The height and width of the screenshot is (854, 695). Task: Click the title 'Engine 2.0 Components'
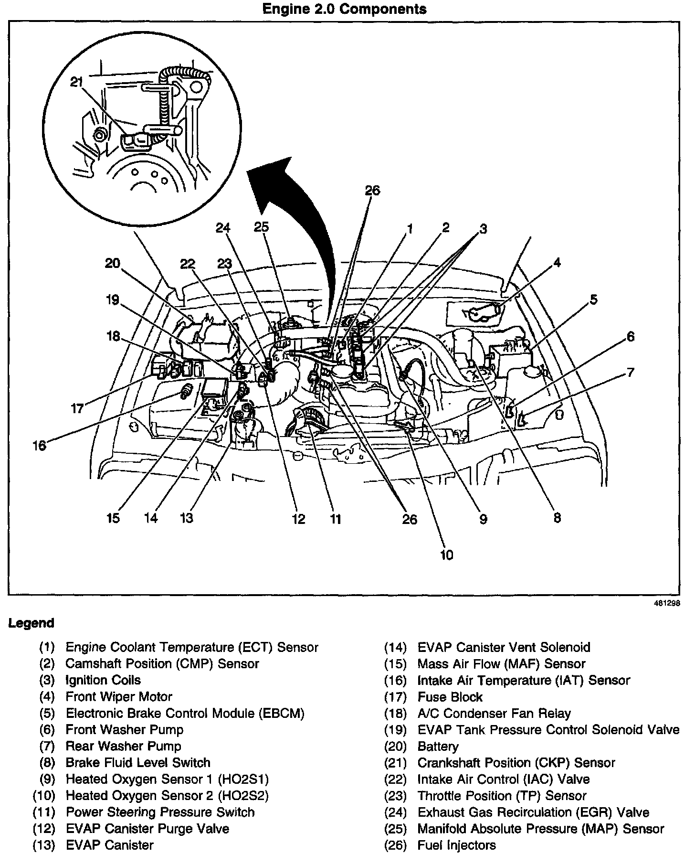tap(344, 9)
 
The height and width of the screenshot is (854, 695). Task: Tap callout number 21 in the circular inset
tap(76, 82)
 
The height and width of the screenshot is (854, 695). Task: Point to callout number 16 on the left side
tap(39, 446)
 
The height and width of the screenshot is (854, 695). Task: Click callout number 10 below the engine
tap(447, 555)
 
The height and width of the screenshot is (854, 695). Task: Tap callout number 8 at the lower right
tap(557, 518)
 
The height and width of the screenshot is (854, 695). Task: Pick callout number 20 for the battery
tap(113, 263)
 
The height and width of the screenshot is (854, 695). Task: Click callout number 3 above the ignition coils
tap(483, 229)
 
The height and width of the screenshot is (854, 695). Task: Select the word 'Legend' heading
tap(31, 623)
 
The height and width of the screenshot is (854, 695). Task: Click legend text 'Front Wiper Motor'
tap(119, 697)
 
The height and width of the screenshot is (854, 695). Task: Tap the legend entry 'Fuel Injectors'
tap(456, 845)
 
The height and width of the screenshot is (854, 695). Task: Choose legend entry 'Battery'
tap(438, 746)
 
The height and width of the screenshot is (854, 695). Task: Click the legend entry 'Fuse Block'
tap(450, 697)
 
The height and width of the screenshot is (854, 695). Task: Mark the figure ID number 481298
tap(666, 603)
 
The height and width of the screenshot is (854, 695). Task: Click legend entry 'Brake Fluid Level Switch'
tap(138, 763)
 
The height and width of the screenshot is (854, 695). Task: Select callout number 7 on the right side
tap(631, 372)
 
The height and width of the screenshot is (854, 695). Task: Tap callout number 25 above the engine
tap(261, 227)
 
